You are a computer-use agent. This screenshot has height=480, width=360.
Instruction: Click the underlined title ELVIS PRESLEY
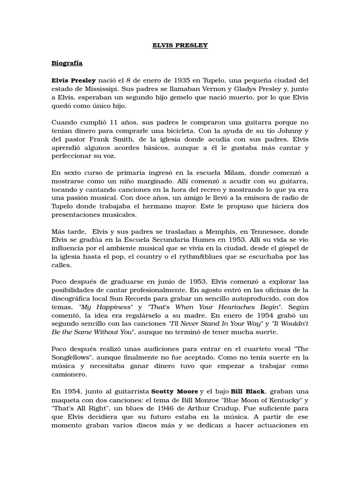180,45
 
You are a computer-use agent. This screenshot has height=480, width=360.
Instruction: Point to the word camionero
70,375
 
